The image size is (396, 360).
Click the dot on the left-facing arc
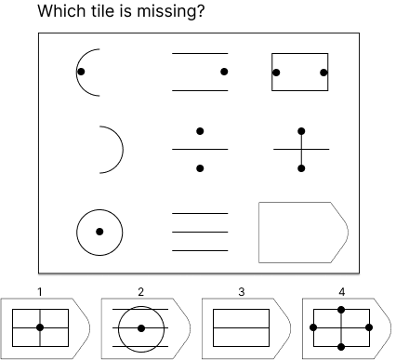tap(81, 72)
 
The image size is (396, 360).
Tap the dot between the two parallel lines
tap(224, 72)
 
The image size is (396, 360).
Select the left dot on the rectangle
tap(276, 73)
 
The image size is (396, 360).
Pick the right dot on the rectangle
tap(323, 73)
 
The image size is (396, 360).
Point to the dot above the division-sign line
tap(200, 131)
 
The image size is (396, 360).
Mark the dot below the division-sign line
tap(200, 168)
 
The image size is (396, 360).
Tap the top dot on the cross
tap(301, 131)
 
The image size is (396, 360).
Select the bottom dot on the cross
tap(301, 168)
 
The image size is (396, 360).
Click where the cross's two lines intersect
tap(301, 149)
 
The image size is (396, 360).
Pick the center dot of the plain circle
tap(99, 232)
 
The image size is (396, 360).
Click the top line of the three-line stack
tap(200, 214)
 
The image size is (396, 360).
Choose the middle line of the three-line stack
tap(200, 232)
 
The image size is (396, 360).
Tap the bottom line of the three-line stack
tap(200, 250)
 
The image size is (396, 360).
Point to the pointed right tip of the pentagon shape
tap(348, 233)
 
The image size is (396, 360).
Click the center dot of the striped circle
tap(141, 328)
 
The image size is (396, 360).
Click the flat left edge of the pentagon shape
tap(259, 233)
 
